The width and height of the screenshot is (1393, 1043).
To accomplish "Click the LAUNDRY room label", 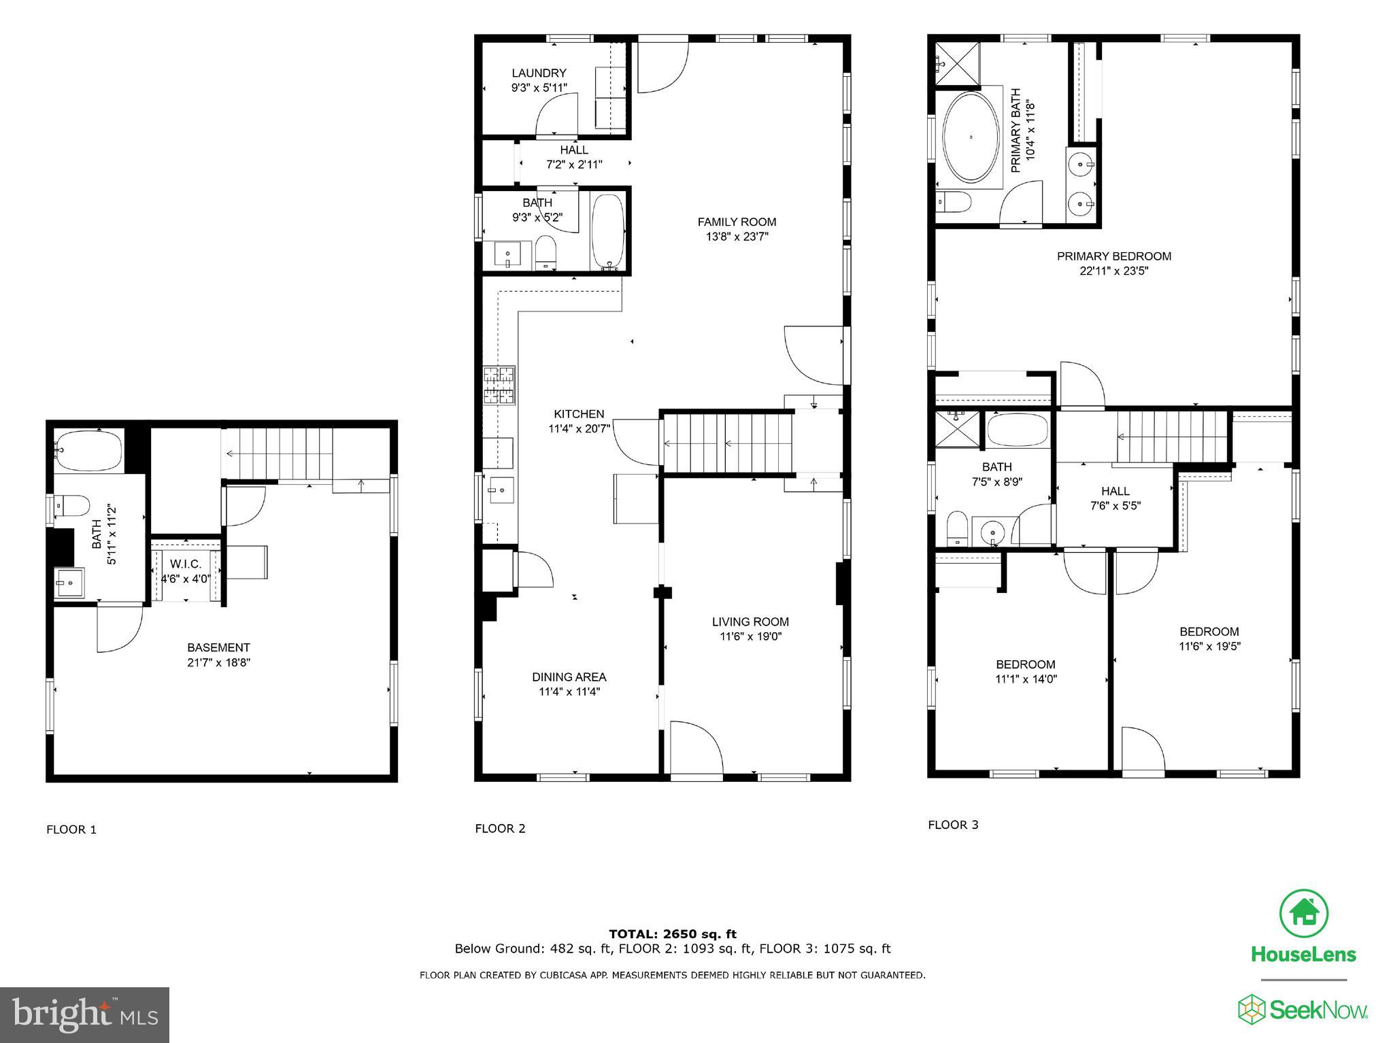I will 539,73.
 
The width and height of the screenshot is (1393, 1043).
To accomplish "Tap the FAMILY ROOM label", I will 737,222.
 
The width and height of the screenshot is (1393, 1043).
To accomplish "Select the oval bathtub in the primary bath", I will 971,137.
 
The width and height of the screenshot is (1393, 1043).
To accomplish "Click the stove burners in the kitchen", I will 499,386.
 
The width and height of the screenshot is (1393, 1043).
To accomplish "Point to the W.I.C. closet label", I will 186,564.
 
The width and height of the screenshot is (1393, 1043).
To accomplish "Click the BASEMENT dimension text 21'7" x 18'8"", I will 219,662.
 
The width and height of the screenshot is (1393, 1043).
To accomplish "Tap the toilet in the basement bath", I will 72,506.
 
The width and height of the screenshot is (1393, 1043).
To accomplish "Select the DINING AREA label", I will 569,677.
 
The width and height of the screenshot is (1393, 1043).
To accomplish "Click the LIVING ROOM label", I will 750,621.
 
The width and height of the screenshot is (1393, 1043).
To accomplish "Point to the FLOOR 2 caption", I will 500,828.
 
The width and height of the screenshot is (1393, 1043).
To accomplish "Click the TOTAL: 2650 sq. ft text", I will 672,934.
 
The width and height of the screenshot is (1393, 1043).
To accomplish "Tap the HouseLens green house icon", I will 1303,912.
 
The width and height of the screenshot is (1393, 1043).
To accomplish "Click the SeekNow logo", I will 1303,1010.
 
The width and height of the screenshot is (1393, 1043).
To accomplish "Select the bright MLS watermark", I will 84,1015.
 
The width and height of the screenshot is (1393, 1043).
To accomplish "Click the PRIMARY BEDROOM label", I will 1113,256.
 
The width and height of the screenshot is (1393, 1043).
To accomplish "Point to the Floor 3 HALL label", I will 1115,491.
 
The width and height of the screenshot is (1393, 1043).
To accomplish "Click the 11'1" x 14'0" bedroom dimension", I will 1026,679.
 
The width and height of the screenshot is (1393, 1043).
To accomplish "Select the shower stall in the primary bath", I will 958,64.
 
